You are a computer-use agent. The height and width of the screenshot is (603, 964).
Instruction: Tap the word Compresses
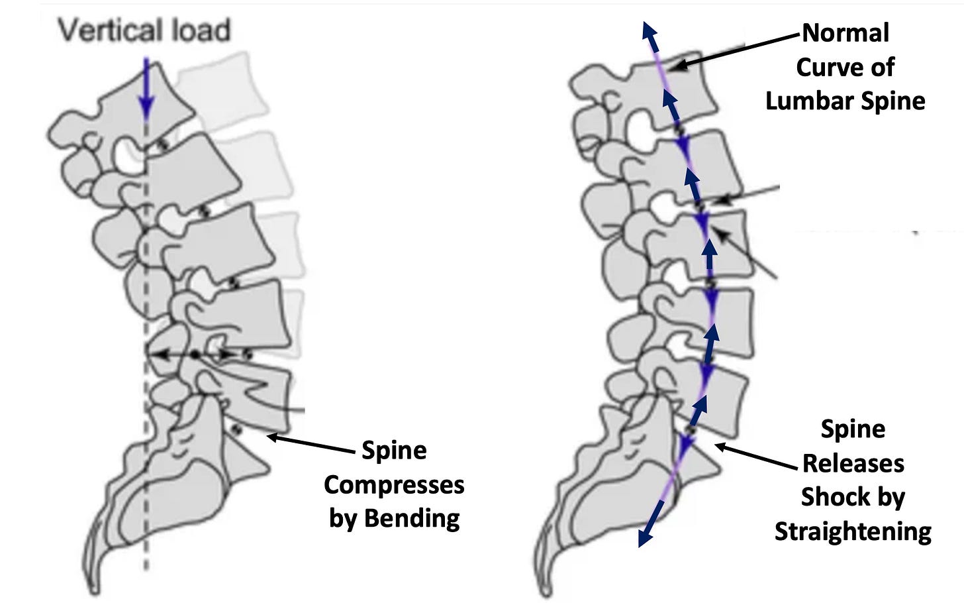394,484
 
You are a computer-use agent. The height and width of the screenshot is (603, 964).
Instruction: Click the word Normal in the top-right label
845,32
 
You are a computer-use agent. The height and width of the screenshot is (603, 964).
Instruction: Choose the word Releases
853,463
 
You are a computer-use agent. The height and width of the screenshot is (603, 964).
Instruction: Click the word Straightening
853,531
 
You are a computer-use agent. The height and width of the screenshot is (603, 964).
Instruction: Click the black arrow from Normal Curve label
735,50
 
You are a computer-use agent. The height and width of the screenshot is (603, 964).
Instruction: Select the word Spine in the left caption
394,451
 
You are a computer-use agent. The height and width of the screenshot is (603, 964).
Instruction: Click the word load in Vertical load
199,30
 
